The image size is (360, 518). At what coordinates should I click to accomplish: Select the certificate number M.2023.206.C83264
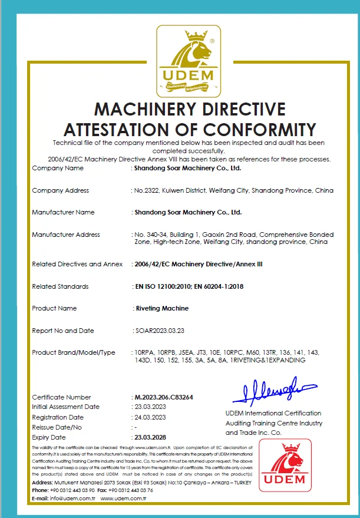tap(164, 397)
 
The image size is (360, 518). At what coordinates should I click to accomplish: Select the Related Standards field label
tap(60, 286)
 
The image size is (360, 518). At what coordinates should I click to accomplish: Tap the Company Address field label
tap(60, 190)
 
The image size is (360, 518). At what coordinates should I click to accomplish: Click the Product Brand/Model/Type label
tap(74, 352)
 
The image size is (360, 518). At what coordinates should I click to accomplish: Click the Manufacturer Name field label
tap(63, 212)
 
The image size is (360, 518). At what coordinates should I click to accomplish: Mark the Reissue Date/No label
tap(57, 427)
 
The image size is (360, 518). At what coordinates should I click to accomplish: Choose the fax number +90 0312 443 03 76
tap(125, 490)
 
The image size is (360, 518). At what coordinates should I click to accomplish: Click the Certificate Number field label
tap(61, 397)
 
